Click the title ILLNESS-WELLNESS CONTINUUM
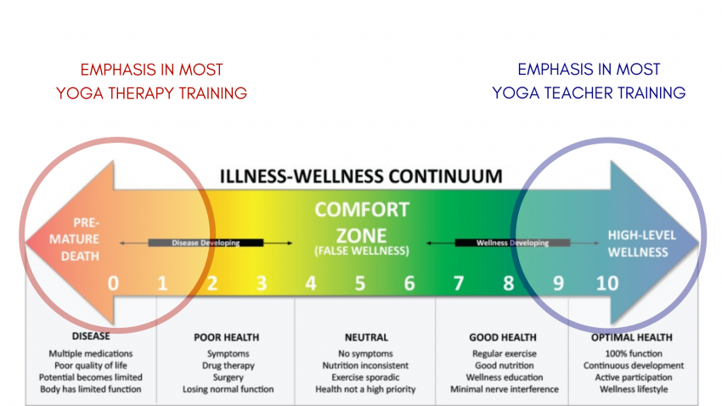pyautogui.click(x=361, y=177)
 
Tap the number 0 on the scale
pyautogui.click(x=113, y=283)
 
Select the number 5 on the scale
pyautogui.click(x=360, y=283)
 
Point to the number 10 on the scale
pyautogui.click(x=607, y=283)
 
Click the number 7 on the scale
pyautogui.click(x=459, y=283)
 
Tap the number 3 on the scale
pyautogui.click(x=262, y=283)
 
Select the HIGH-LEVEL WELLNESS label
pyautogui.click(x=637, y=241)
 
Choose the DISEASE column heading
pyautogui.click(x=91, y=336)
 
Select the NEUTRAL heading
pyautogui.click(x=366, y=337)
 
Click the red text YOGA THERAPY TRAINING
pyautogui.click(x=152, y=93)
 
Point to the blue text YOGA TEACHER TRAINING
pyautogui.click(x=589, y=93)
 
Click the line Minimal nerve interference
pyautogui.click(x=505, y=389)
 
